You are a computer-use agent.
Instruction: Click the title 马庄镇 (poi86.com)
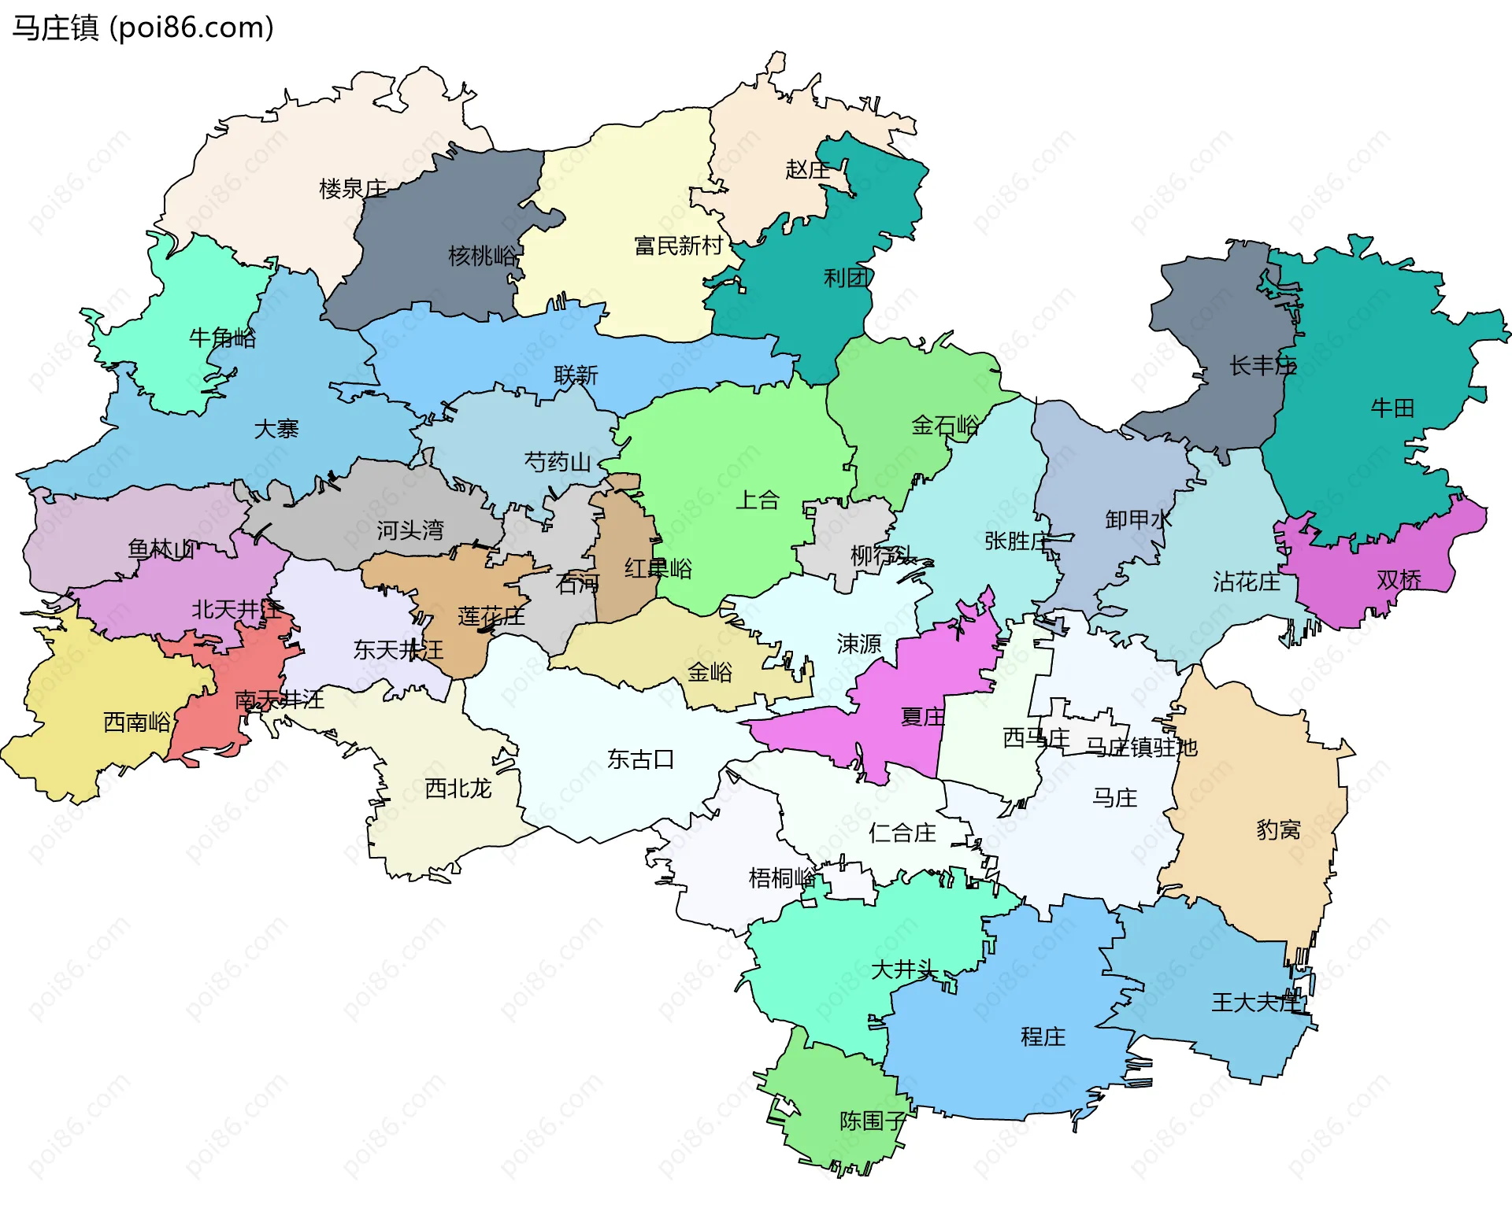click(x=143, y=28)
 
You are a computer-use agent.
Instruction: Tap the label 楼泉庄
click(x=353, y=189)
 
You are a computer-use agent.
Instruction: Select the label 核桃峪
click(x=482, y=256)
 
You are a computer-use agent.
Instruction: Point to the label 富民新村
click(x=678, y=246)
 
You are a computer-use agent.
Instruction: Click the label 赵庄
click(x=807, y=169)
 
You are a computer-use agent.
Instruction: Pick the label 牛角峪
click(x=222, y=338)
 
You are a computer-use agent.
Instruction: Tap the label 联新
click(x=576, y=375)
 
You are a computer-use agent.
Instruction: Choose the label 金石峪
click(x=945, y=426)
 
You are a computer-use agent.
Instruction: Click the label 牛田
click(x=1392, y=408)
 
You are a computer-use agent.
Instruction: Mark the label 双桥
click(x=1399, y=580)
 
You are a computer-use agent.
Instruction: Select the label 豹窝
click(x=1277, y=829)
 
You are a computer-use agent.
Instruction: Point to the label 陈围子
click(x=873, y=1121)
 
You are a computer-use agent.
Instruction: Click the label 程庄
click(x=1043, y=1036)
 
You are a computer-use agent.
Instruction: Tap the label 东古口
click(x=640, y=759)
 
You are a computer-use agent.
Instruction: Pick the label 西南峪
click(x=137, y=722)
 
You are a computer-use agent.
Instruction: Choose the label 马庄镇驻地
click(x=1141, y=747)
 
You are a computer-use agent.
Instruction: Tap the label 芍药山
click(x=558, y=462)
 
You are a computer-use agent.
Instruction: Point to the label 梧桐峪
click(x=781, y=877)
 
